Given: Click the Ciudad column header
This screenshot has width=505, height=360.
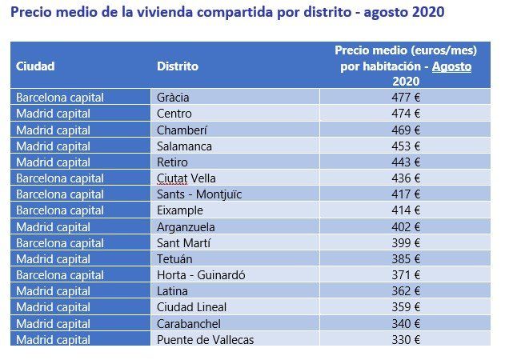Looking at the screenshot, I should (x=35, y=66).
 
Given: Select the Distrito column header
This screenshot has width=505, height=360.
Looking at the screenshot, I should (x=178, y=66).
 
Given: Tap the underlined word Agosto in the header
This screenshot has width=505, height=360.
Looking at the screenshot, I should (x=451, y=66).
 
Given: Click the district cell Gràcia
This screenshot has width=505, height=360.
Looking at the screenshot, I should (x=174, y=98).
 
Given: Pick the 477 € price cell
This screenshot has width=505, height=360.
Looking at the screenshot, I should (x=406, y=98).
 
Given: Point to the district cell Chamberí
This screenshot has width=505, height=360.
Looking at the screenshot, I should (x=182, y=130).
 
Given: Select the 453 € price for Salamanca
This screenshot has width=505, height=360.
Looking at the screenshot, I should (x=406, y=146).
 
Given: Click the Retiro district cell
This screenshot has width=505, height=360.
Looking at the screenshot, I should (x=173, y=162).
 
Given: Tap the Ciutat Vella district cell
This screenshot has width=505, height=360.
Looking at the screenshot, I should (x=186, y=178).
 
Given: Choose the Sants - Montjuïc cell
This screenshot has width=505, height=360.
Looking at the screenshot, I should (x=199, y=194).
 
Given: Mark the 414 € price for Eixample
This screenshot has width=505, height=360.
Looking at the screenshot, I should (x=406, y=210).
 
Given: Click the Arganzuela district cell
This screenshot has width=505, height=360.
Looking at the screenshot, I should (x=186, y=226).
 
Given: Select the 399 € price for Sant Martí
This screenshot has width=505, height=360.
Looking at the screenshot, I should (x=406, y=242).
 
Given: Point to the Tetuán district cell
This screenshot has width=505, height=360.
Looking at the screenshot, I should (x=174, y=259).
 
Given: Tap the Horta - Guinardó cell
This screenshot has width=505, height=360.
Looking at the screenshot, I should (x=201, y=275).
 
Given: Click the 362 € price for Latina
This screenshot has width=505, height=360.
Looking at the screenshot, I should (x=406, y=291).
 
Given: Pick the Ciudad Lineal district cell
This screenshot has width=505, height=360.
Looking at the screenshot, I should (x=192, y=307).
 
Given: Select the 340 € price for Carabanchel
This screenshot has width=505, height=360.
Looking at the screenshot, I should (x=406, y=323).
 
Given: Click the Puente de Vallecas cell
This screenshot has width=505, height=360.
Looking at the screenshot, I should (x=206, y=339).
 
